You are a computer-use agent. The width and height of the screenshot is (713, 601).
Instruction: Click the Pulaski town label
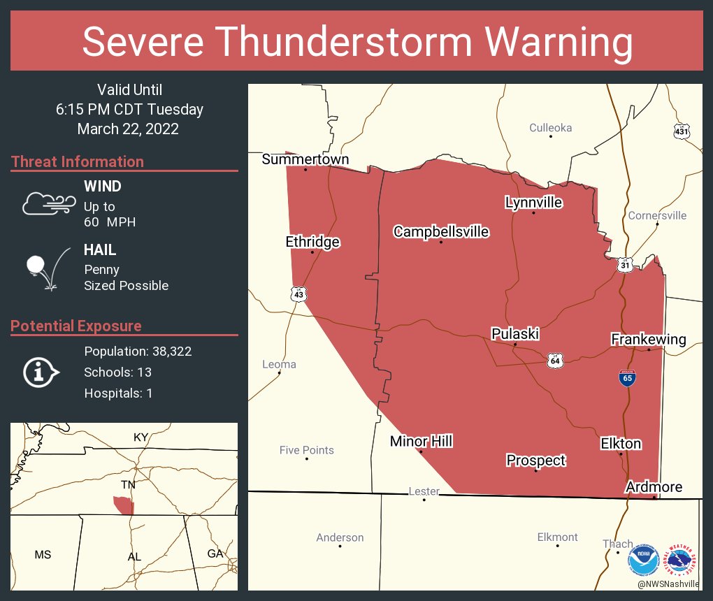(x=514, y=334)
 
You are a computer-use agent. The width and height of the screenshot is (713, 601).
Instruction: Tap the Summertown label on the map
(x=305, y=160)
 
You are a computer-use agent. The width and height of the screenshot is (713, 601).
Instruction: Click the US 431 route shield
(x=682, y=131)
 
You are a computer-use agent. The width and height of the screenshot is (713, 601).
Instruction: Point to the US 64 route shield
(x=555, y=361)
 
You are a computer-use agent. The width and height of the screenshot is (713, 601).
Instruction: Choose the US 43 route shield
(x=299, y=295)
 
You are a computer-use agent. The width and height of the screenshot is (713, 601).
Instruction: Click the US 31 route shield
(x=624, y=265)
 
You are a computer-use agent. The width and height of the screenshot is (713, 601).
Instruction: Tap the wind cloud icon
(x=48, y=203)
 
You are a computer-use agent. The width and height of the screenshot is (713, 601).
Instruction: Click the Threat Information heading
(x=78, y=162)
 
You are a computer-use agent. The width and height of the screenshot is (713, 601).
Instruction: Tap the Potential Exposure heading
(x=76, y=326)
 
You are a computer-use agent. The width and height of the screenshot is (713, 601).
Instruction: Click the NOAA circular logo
(x=643, y=560)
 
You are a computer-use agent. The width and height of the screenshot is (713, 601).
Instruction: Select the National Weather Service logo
(x=682, y=560)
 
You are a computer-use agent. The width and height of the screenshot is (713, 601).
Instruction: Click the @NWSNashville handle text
(x=668, y=584)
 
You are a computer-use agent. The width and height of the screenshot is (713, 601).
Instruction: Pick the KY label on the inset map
(x=141, y=437)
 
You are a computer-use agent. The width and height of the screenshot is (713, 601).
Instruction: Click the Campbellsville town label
(x=441, y=232)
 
